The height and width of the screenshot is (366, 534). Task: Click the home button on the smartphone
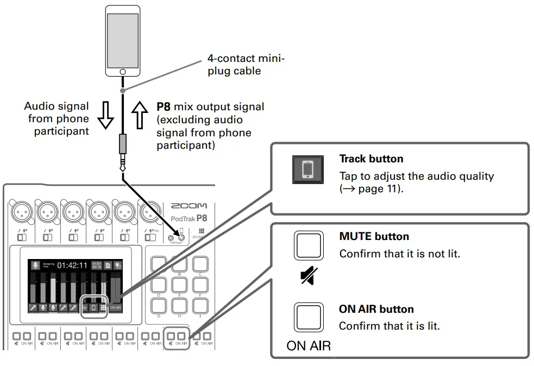(x=123, y=72)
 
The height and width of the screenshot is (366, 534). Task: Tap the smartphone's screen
(x=123, y=40)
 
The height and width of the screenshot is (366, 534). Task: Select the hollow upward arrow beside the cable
(x=140, y=114)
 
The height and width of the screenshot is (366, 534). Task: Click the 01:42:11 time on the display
(x=72, y=266)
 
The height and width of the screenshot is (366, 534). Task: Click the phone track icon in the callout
(x=308, y=169)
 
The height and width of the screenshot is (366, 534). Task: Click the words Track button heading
(x=371, y=159)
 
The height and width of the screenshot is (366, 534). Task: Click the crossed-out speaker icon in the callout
(x=307, y=277)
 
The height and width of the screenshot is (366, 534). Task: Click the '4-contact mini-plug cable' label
(x=246, y=65)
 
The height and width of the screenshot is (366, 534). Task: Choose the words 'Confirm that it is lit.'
(x=389, y=326)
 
